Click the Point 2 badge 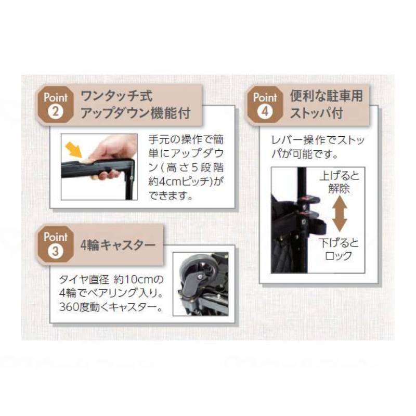click(x=55, y=105)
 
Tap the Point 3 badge click(x=55, y=244)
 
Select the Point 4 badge click(x=265, y=105)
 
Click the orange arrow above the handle click(x=74, y=149)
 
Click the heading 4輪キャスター click(x=118, y=245)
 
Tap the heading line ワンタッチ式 click(x=116, y=96)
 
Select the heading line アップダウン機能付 click(x=135, y=113)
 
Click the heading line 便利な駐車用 click(x=327, y=96)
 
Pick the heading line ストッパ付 click(x=316, y=113)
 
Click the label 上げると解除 click(x=339, y=183)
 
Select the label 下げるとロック click(x=339, y=250)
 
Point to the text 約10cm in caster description click(x=134, y=279)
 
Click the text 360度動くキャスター click(x=111, y=307)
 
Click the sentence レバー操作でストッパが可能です click(x=318, y=147)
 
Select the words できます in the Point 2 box click(x=171, y=196)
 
